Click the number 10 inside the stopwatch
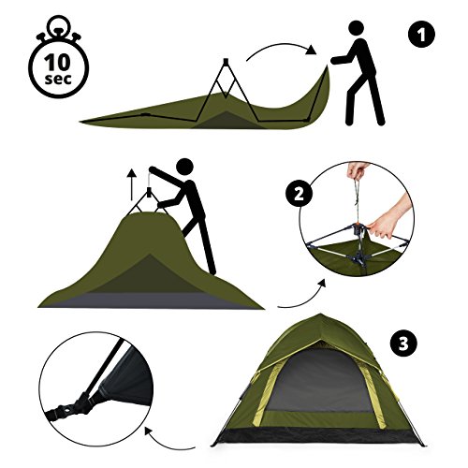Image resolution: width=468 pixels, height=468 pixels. click(58, 63)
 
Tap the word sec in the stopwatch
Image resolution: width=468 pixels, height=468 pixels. click(58, 79)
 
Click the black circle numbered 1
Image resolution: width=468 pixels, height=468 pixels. click(421, 35)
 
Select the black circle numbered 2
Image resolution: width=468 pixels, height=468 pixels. click(299, 194)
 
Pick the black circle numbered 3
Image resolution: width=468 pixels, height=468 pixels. click(403, 344)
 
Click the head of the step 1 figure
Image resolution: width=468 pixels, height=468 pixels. click(356, 29)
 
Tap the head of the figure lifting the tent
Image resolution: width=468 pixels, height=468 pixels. click(184, 167)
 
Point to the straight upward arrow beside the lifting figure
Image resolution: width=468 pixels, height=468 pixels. click(132, 184)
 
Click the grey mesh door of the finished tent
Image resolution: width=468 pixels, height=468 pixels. click(320, 381)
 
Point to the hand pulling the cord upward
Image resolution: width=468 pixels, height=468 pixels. click(358, 170)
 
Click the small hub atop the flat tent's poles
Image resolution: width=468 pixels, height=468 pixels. click(226, 61)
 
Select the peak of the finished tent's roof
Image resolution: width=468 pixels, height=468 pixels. click(318, 314)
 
